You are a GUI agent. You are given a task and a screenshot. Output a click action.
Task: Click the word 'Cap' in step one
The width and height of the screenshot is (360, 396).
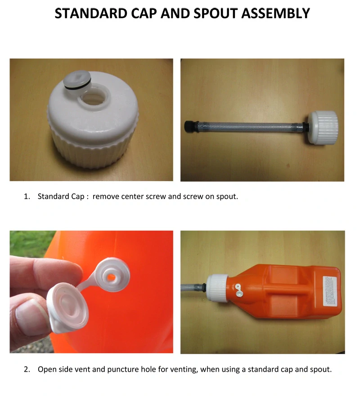tap(77, 196)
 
